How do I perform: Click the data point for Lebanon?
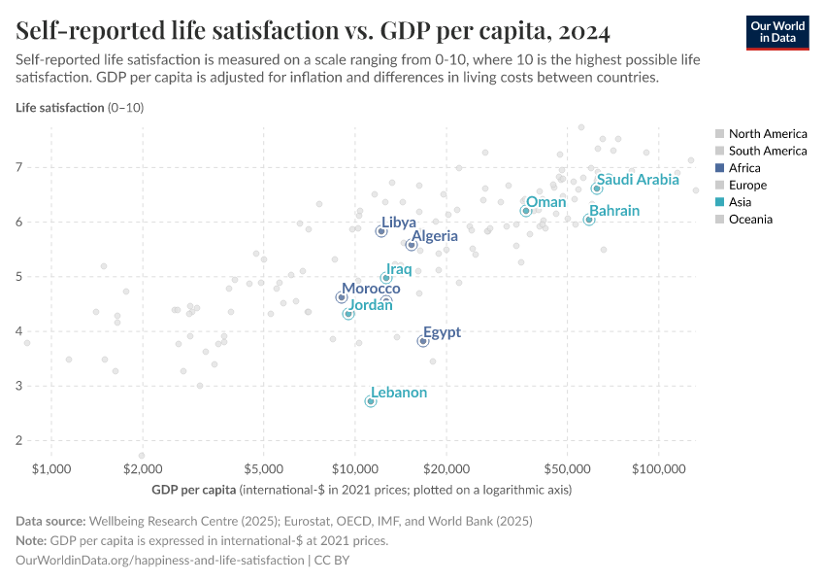(x=370, y=401)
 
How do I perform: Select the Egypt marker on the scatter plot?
(x=423, y=341)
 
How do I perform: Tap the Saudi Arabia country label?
(x=638, y=180)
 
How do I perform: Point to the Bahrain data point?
(x=588, y=221)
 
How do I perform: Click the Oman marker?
(x=525, y=211)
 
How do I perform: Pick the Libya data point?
(x=381, y=231)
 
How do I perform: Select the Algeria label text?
(x=434, y=236)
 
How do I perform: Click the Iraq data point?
(x=385, y=278)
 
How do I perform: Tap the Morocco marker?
(x=341, y=297)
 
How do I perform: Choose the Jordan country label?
(x=370, y=305)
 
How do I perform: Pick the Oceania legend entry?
(x=750, y=220)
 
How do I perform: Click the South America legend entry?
(x=767, y=151)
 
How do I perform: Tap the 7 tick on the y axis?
(x=19, y=168)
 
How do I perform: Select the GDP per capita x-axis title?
(x=194, y=489)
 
